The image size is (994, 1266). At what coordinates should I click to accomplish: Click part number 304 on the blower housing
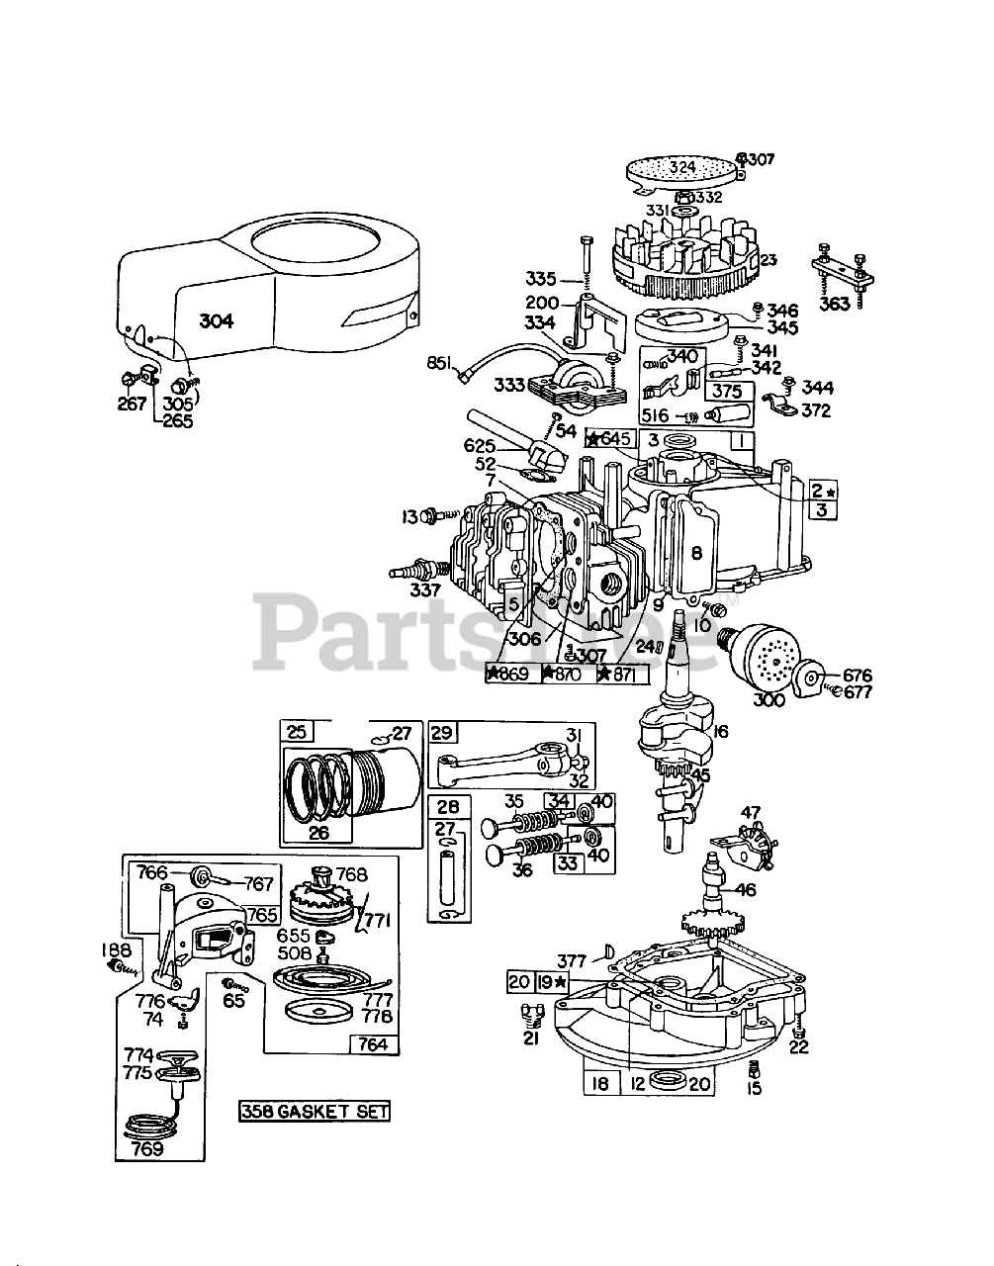pyautogui.click(x=216, y=320)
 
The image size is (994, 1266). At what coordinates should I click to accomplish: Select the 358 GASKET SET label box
pyautogui.click(x=315, y=1112)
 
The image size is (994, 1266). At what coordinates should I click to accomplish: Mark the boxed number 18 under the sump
pyautogui.click(x=599, y=1084)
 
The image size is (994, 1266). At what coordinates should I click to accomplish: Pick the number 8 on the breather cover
pyautogui.click(x=696, y=554)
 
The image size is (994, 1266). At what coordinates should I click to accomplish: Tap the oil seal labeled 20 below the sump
pyautogui.click(x=675, y=1078)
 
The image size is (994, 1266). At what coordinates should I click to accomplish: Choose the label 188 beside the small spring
pyautogui.click(x=117, y=950)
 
